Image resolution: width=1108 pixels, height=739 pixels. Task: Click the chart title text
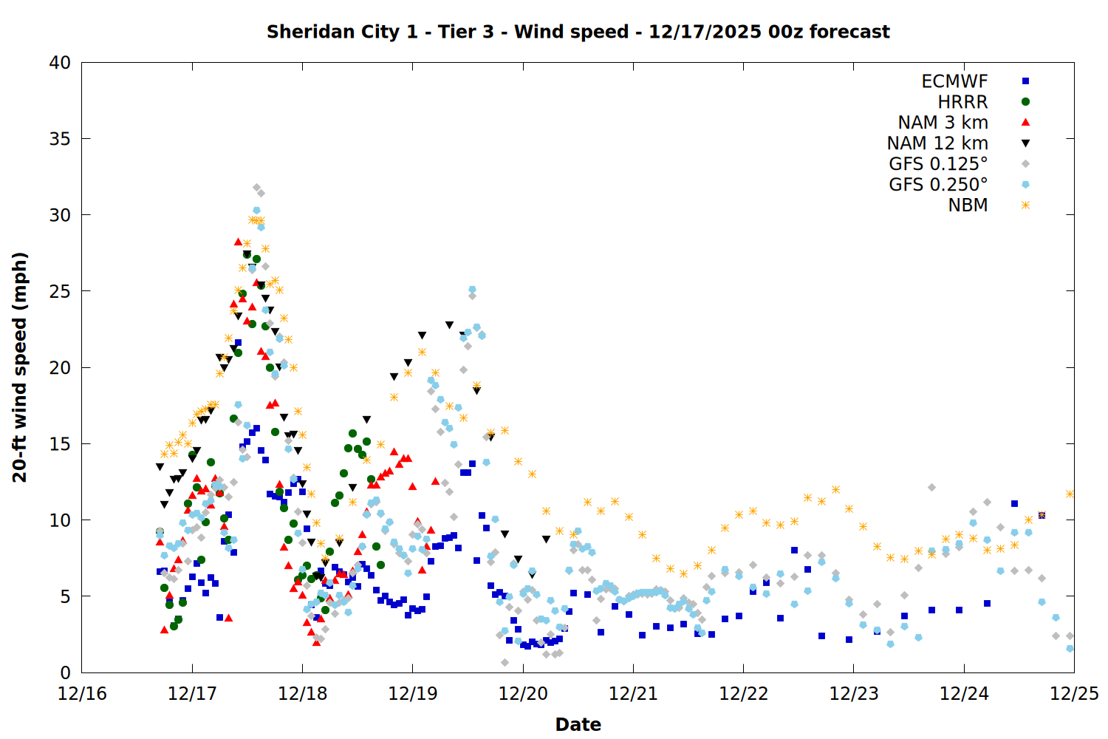(578, 32)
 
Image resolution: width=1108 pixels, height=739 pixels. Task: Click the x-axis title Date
(578, 724)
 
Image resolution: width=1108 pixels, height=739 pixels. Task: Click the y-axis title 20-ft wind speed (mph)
(20, 367)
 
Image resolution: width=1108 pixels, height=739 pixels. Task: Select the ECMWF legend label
(954, 81)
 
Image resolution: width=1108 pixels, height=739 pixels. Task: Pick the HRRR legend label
(962, 102)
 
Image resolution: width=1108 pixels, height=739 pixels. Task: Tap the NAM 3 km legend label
(943, 123)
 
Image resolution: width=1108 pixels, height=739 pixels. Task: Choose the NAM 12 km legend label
(937, 143)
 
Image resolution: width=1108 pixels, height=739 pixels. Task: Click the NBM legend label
(968, 205)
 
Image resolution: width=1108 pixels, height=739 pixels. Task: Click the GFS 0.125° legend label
(938, 164)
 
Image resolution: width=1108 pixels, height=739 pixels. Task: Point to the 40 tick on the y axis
(60, 63)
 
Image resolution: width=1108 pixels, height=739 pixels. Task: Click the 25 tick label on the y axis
(60, 291)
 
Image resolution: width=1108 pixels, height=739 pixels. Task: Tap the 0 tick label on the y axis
(65, 672)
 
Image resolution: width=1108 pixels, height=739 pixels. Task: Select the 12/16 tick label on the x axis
(82, 694)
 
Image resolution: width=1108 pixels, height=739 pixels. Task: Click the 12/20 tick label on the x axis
(523, 694)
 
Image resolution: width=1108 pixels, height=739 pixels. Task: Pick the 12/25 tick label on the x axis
(1074, 694)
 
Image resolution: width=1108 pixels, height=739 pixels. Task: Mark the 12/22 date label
(743, 694)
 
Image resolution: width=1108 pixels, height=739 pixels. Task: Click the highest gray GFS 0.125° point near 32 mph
(256, 188)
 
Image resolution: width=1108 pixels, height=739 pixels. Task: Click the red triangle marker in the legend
(1025, 123)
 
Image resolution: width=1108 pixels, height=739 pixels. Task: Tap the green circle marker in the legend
(1025, 102)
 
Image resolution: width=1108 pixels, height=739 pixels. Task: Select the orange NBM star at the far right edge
(1070, 494)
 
